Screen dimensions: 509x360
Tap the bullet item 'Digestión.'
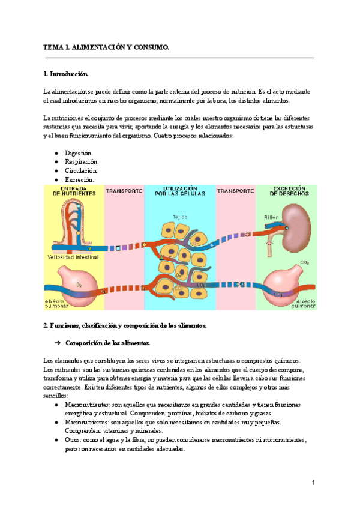[79, 153]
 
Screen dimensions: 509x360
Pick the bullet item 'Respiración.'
[82, 161]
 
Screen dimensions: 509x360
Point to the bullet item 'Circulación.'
[81, 170]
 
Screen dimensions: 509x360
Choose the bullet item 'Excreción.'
[79, 179]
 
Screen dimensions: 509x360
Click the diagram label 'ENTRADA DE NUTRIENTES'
[74, 191]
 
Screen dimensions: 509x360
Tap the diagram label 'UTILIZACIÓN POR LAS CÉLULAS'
[179, 191]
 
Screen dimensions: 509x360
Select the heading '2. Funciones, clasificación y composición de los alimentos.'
[125, 325]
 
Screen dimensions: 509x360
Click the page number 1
[313, 483]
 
